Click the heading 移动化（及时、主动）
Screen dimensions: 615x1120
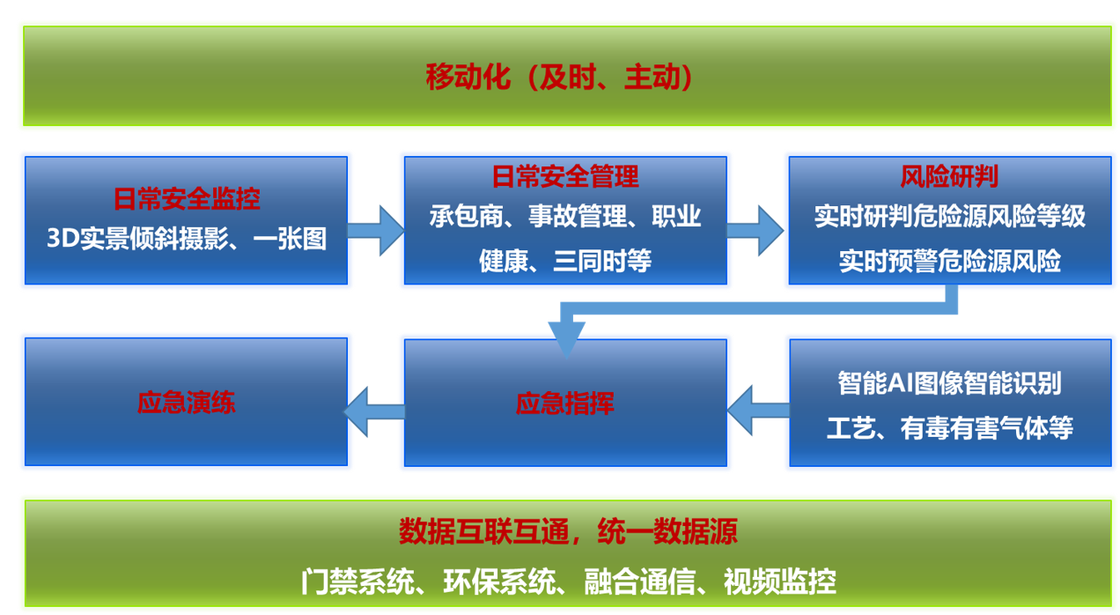(559, 78)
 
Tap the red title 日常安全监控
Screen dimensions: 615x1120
(187, 199)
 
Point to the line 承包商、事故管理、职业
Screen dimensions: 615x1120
(565, 216)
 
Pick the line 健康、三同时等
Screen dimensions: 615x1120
(565, 261)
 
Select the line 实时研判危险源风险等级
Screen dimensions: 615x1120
(949, 217)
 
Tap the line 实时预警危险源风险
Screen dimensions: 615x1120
(949, 261)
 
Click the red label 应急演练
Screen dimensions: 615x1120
(187, 403)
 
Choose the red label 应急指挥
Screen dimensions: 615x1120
(565, 404)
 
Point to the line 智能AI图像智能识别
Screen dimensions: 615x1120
(949, 383)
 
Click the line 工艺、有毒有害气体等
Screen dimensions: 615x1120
(949, 428)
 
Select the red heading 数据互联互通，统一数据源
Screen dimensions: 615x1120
(568, 531)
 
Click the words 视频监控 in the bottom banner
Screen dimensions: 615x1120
(780, 582)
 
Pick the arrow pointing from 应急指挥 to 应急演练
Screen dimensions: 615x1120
(374, 411)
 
